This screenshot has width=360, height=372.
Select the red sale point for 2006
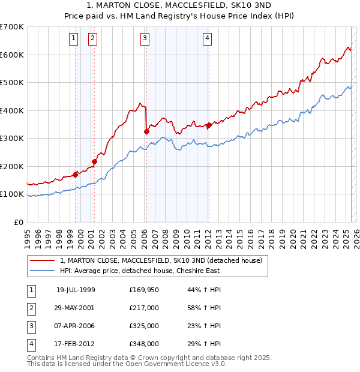(146, 131)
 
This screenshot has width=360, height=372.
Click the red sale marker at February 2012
(209, 125)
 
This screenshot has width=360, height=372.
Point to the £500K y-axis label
(11, 82)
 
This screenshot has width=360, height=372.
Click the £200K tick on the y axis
(11, 166)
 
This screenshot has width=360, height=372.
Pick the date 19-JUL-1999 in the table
(76, 290)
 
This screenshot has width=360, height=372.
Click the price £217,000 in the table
(144, 308)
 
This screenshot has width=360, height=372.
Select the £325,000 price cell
(144, 326)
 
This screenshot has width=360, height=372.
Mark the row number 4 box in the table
(30, 344)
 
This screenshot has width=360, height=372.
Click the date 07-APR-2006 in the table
(76, 326)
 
